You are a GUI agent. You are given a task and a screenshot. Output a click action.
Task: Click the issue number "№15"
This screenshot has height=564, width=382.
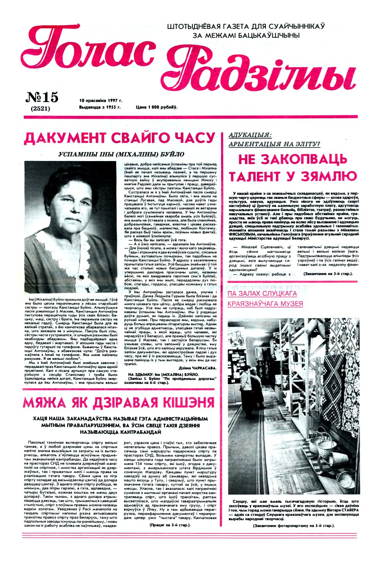(42, 97)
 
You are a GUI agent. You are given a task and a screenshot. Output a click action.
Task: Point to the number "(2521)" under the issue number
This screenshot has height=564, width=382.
(41, 109)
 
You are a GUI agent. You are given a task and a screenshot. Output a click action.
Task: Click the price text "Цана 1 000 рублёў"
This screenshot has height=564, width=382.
(156, 107)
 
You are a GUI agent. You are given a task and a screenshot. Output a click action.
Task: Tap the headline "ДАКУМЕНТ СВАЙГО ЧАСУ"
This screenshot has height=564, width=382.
(119, 138)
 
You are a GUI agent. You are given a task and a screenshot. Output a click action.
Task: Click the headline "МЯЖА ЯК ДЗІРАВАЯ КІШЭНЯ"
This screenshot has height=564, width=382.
(119, 403)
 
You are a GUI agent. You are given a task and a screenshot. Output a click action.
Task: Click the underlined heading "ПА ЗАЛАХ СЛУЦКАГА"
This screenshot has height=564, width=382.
(262, 294)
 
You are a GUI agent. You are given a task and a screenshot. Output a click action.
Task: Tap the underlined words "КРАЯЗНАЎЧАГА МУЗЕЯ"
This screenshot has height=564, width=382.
(265, 304)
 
